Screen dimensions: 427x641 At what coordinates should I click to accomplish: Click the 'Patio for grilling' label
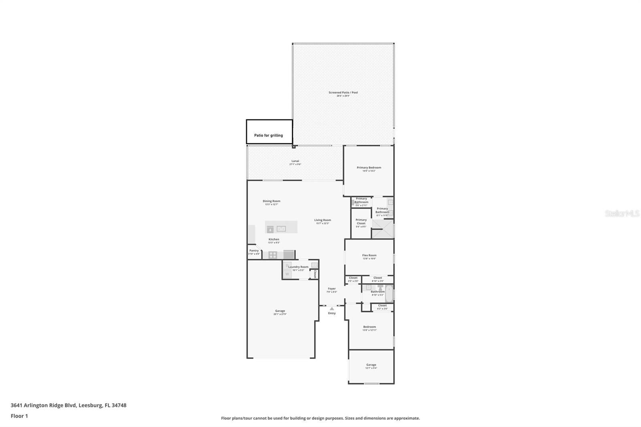point(268,135)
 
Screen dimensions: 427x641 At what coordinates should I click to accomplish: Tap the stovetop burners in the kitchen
point(272,255)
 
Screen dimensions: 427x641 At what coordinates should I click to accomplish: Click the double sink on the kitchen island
point(281,229)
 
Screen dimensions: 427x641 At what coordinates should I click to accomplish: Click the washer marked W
point(287,274)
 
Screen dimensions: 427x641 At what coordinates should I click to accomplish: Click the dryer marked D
point(287,265)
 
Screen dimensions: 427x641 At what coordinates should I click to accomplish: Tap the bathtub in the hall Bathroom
point(389,294)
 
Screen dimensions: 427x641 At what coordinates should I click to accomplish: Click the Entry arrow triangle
point(332,308)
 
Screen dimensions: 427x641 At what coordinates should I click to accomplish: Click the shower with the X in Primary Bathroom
point(382,229)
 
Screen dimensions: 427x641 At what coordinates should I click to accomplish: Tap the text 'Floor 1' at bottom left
point(19,416)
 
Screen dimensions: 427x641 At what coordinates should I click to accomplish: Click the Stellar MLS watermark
point(622,214)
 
